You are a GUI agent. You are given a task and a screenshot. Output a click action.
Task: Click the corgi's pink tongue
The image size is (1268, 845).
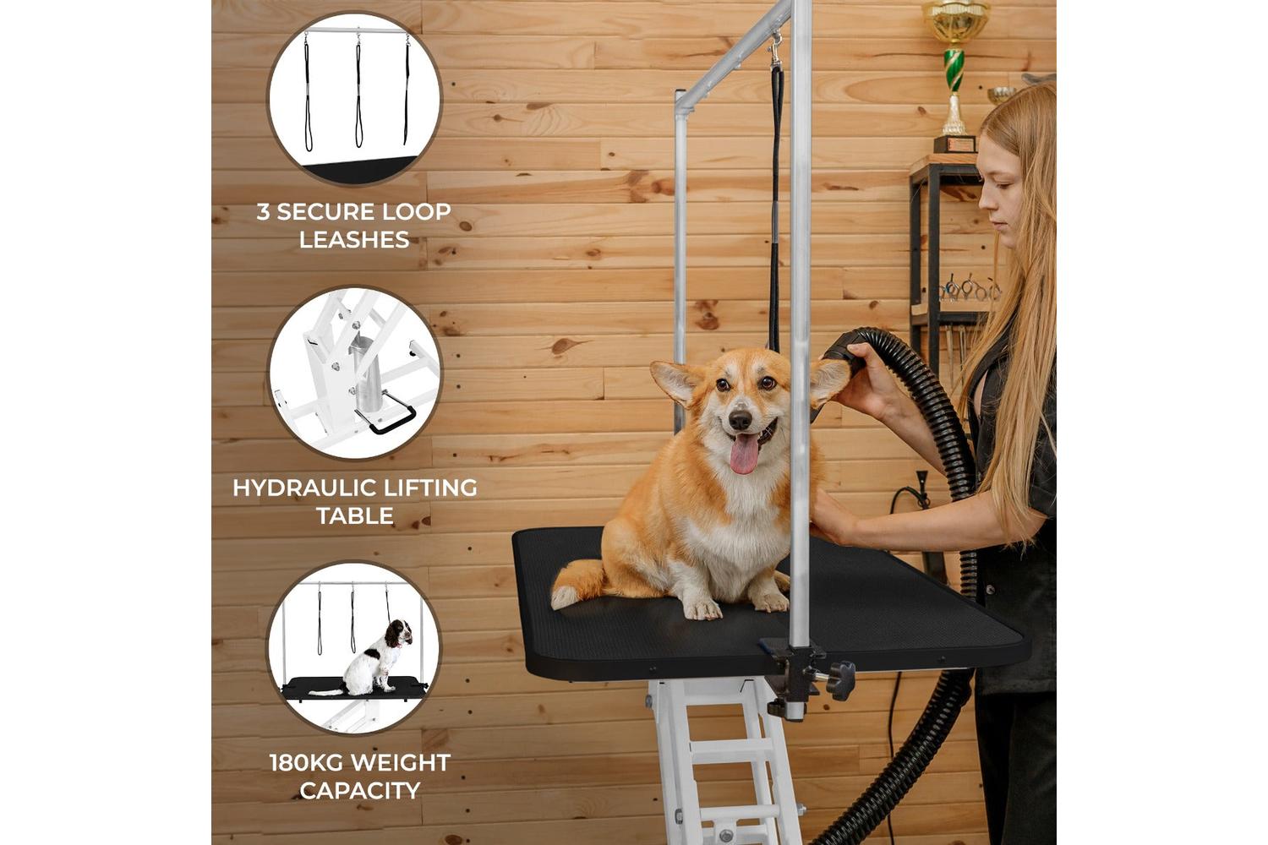coord(744,453)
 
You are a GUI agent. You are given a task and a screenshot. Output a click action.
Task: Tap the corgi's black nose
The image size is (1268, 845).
coord(740,420)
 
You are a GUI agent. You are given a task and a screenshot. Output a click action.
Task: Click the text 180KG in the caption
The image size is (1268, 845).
coord(306,763)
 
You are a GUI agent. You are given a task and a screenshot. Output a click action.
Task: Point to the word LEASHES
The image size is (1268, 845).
coord(354,239)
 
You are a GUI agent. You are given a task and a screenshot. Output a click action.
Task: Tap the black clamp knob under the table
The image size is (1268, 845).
coord(840,680)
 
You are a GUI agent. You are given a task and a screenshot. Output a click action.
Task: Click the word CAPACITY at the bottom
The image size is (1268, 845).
coord(360,791)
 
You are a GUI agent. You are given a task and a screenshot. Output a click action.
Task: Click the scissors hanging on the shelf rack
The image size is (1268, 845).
coord(968,289)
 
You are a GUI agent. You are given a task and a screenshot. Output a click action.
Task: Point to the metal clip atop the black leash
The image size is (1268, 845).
coord(775,50)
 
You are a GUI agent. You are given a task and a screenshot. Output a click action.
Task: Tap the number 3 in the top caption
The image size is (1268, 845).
coord(263,212)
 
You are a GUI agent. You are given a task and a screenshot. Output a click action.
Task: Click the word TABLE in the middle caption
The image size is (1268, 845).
coord(355,515)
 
